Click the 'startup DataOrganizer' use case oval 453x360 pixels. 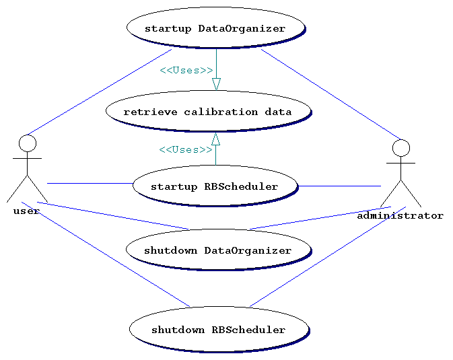(x=215, y=28)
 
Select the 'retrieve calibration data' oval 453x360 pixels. (x=208, y=112)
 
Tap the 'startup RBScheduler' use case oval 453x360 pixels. (x=215, y=186)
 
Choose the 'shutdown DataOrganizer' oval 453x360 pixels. (x=217, y=250)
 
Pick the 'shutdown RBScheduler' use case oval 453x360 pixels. (x=218, y=330)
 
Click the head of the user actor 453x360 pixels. (x=28, y=143)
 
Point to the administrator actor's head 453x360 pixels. (x=401, y=148)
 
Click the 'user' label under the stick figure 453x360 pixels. (x=27, y=211)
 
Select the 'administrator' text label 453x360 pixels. (x=400, y=216)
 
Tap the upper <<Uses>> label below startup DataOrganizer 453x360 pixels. (x=186, y=70)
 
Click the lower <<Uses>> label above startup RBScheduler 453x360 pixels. (x=186, y=149)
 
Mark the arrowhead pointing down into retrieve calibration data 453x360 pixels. (x=216, y=84)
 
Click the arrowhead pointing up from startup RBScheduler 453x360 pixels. (x=216, y=139)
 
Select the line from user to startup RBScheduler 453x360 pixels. (x=90, y=183)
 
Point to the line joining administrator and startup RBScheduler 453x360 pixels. (x=339, y=186)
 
